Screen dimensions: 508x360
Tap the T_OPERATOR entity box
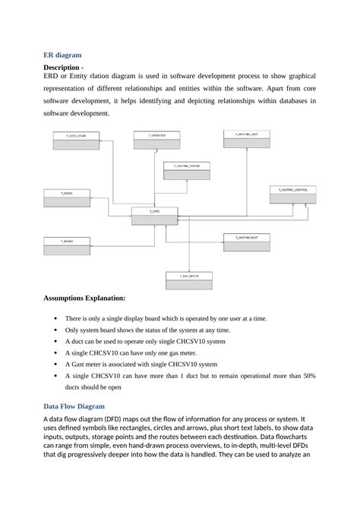pos(156,140)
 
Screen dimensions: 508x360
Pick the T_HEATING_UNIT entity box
pos(246,138)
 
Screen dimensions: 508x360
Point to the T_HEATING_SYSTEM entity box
pos(186,170)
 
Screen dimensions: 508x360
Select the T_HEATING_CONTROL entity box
pos(292,194)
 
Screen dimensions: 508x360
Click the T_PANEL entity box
pos(68,199)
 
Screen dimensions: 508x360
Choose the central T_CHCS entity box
pos(154,216)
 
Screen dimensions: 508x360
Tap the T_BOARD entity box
pos(68,245)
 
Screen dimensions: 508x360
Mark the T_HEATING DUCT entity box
pos(246,242)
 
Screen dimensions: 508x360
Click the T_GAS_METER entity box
pos(188,280)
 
